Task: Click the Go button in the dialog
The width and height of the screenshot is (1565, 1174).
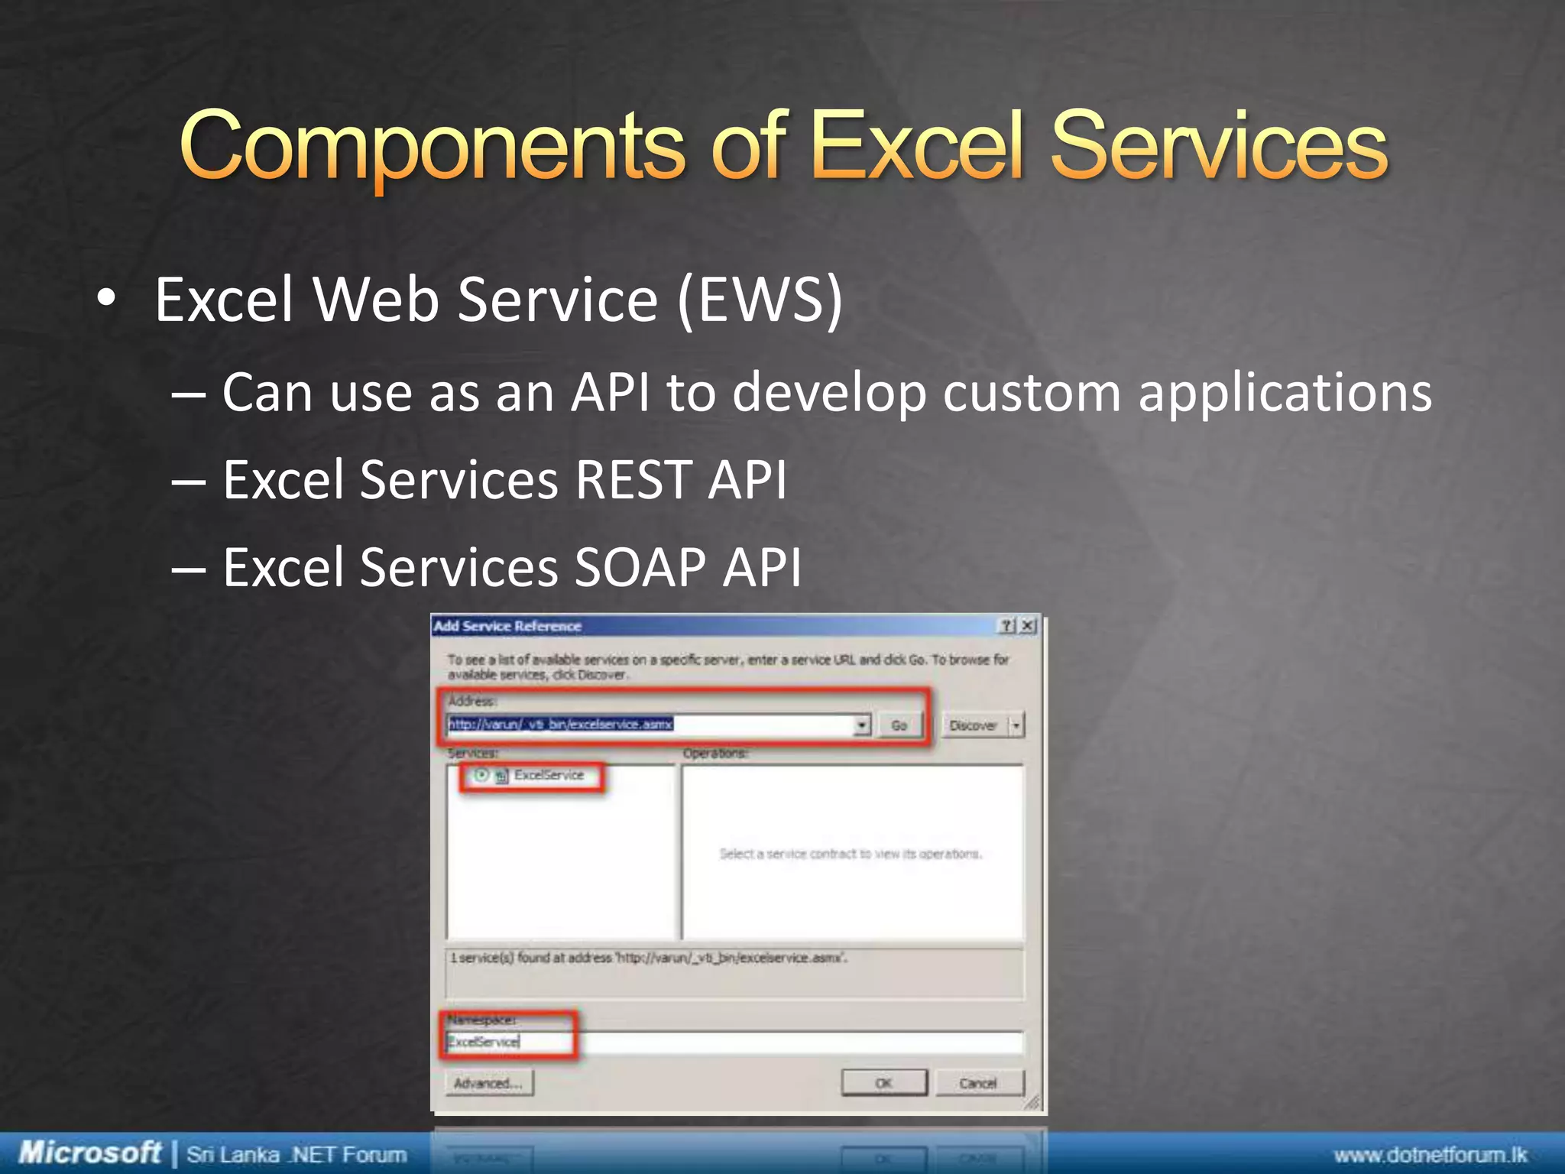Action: (899, 725)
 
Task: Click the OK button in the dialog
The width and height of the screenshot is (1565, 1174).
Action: (883, 1083)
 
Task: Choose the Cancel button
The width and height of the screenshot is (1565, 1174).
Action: (977, 1083)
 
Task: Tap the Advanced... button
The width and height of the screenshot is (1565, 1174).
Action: (488, 1083)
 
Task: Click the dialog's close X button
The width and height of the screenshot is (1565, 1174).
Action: (1028, 626)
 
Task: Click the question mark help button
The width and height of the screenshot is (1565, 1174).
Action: (1008, 626)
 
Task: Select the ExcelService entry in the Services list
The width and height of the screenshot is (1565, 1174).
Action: (548, 775)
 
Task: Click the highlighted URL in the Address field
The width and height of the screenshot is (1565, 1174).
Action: (560, 724)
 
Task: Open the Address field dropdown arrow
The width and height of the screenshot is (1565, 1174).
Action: (862, 725)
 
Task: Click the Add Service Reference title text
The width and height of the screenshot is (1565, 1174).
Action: (507, 626)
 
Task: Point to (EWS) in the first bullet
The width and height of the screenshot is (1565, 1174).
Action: (760, 300)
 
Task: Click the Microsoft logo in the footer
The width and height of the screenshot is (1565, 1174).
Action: (89, 1153)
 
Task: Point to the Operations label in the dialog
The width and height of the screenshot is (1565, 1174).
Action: (714, 754)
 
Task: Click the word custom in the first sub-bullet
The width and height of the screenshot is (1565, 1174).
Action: (1032, 393)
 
